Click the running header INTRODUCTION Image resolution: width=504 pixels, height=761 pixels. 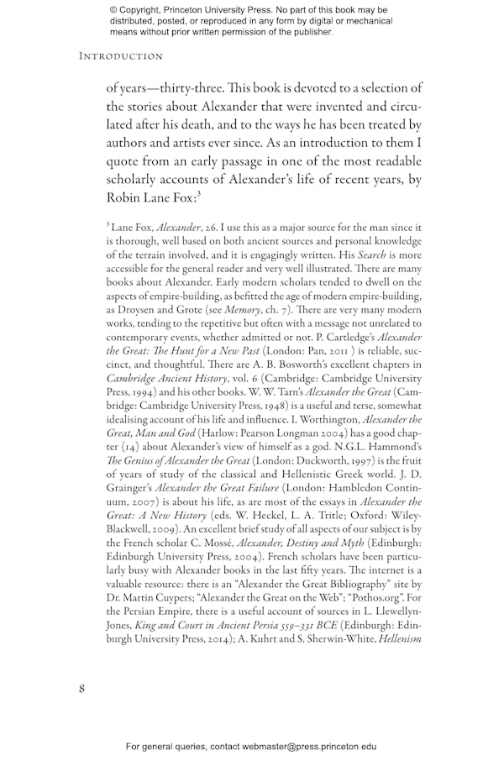(121, 56)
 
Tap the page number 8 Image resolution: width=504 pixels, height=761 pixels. (82, 688)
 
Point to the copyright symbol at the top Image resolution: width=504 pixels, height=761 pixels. (113, 9)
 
